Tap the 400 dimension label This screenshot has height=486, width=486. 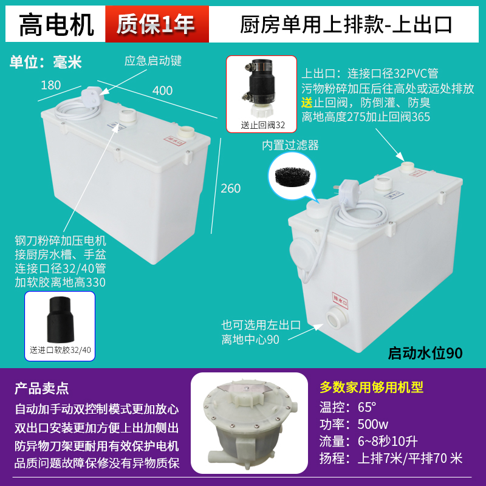[x=162, y=91]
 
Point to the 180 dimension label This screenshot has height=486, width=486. [x=51, y=84]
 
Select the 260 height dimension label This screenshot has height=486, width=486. [x=231, y=188]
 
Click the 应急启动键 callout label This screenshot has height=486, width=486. [x=153, y=61]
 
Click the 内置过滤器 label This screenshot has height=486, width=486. [x=290, y=145]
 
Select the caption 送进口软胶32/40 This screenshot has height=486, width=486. [x=60, y=351]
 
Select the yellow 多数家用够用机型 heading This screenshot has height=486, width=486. [x=371, y=388]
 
